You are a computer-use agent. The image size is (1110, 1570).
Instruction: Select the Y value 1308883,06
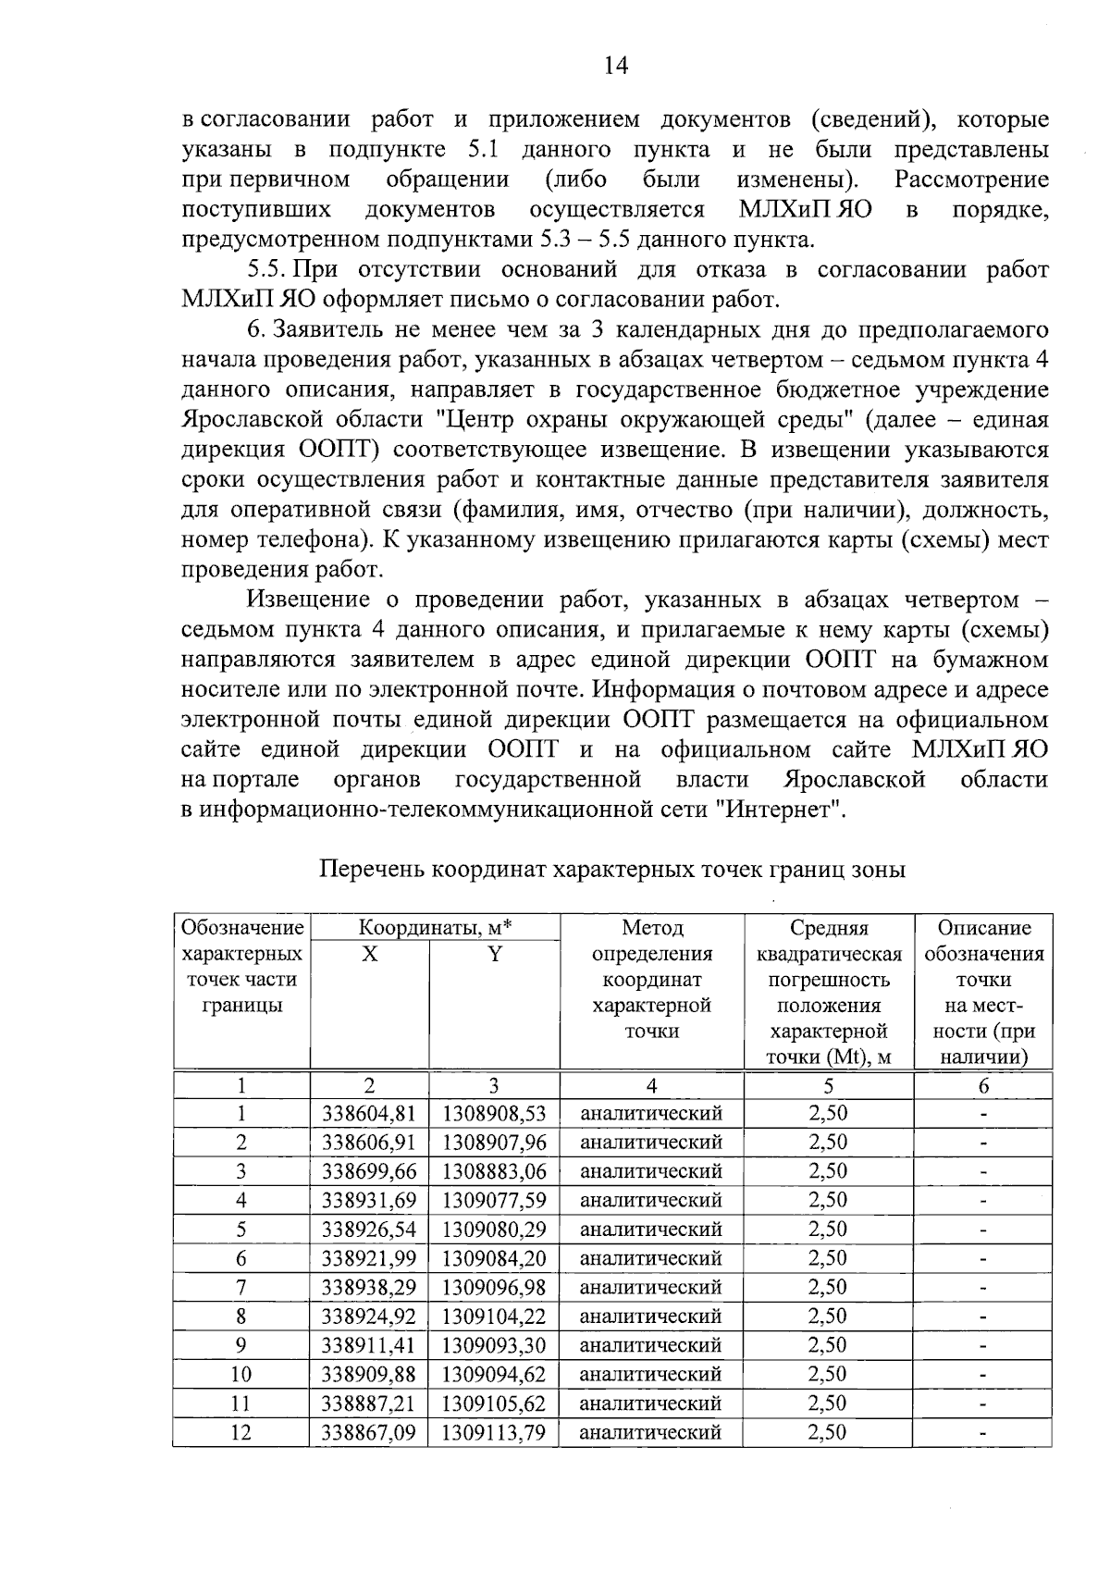pos(494,1171)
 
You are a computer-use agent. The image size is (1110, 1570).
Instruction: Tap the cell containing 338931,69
pos(369,1201)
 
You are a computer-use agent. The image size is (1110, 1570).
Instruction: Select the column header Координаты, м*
pos(435,928)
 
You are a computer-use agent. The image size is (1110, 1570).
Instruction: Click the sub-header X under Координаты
pos(369,954)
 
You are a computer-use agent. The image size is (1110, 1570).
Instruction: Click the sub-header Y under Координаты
pos(495,954)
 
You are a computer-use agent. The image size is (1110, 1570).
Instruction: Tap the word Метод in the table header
pos(652,928)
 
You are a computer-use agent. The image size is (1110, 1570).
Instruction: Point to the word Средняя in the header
pos(829,928)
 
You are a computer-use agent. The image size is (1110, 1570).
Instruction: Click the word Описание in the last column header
pos(983,928)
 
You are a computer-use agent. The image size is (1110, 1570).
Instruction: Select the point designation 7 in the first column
pos(241,1288)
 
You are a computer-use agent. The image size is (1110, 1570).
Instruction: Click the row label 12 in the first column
pos(241,1433)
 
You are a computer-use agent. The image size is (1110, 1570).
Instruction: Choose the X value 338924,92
pos(369,1317)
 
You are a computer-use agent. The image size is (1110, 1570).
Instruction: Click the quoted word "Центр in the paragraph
pos(480,420)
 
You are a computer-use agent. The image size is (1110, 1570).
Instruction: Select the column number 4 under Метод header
pos(652,1086)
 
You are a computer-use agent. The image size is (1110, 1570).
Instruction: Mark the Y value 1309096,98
pos(494,1288)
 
